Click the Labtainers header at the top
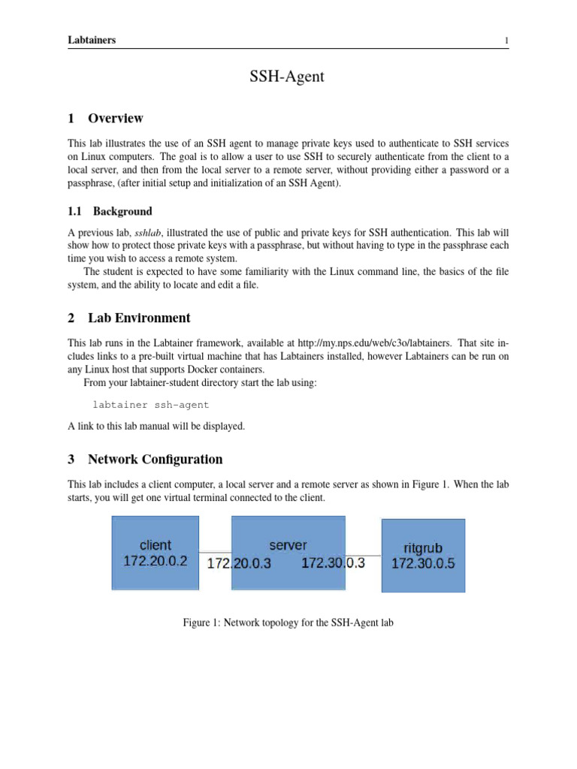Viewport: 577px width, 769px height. [x=92, y=41]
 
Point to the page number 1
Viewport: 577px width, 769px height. [x=507, y=41]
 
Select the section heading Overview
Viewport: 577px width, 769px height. [x=115, y=119]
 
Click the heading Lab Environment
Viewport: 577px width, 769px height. [x=139, y=318]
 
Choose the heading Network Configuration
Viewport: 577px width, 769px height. [x=155, y=459]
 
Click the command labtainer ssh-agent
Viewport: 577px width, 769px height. [x=150, y=405]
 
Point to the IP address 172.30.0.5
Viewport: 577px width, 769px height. [x=423, y=564]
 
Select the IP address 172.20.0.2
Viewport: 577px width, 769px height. [x=155, y=561]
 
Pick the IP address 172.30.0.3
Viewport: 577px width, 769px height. [x=333, y=562]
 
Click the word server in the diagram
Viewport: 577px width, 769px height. [x=288, y=545]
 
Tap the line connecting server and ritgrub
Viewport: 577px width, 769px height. [x=364, y=556]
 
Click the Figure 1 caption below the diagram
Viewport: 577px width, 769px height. [x=288, y=623]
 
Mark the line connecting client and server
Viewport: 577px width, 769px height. [x=216, y=553]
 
